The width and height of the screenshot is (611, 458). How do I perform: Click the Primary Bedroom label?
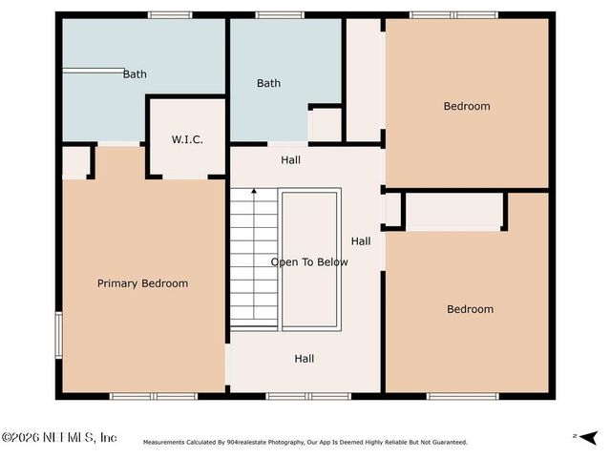coord(142,283)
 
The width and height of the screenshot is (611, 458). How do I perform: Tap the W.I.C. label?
coord(186,139)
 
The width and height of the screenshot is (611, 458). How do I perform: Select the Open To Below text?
coord(309,262)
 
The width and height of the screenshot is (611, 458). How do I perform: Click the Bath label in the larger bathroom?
coord(135,73)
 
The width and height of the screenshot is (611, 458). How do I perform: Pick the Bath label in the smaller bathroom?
coord(268,83)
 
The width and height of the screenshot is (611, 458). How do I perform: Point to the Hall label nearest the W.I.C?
coord(290,160)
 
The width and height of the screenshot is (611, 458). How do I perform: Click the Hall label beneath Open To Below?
coord(304,359)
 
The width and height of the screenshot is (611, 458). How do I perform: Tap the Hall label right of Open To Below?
coord(360,241)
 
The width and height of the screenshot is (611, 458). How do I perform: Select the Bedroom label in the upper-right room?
coord(467,106)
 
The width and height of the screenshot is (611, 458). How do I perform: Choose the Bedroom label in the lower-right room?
coord(471,309)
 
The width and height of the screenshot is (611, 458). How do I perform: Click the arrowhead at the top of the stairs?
coord(254,192)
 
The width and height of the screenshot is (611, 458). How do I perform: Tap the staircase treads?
coord(254,258)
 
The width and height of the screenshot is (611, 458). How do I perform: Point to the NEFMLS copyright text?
coord(59,437)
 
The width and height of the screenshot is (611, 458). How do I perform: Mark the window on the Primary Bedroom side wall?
coord(58,335)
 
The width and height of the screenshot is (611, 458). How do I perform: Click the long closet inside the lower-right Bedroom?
coord(453,210)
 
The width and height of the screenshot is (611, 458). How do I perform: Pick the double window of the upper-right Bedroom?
coord(453,14)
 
